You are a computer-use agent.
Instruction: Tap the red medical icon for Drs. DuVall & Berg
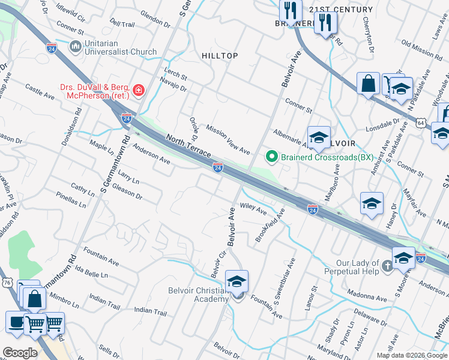[139, 91]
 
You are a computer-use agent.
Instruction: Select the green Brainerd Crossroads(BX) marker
[271, 158]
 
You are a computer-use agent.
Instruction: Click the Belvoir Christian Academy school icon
[237, 281]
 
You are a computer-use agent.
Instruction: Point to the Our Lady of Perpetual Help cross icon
[388, 265]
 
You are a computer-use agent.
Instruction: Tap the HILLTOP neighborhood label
[220, 56]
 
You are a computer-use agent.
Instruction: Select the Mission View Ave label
[228, 139]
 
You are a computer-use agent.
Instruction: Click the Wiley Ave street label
[253, 208]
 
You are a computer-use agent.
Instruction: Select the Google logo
[20, 352]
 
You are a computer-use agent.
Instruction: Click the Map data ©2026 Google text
[411, 355]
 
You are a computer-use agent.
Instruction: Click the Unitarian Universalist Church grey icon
[76, 47]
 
